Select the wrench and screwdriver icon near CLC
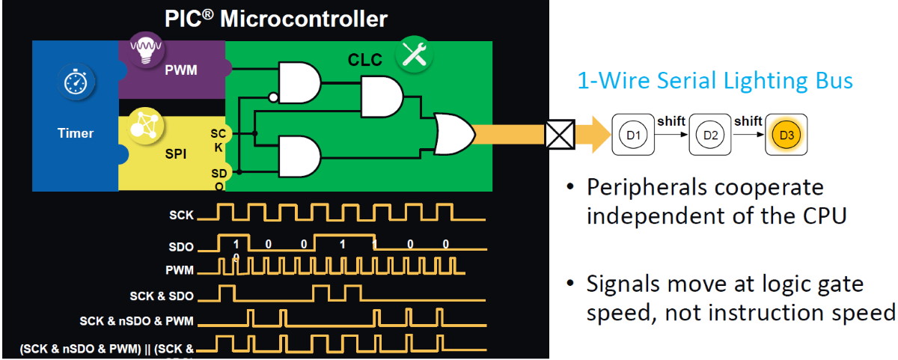[413, 54]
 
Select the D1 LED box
[633, 135]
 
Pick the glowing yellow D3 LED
[786, 135]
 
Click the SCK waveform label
[181, 215]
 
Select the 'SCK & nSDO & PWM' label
[136, 321]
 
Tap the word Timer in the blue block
[76, 133]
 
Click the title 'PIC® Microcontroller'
[275, 18]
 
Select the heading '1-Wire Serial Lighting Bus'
[715, 80]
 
